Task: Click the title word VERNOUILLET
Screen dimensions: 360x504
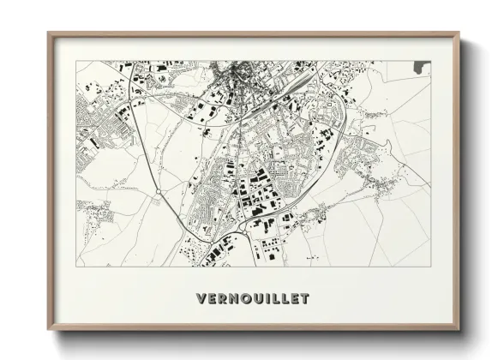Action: point(253,299)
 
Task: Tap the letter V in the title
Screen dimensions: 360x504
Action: point(201,299)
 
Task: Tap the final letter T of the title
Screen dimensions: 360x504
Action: point(304,299)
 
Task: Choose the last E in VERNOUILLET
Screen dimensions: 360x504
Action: point(293,299)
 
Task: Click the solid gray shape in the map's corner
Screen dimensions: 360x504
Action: point(421,66)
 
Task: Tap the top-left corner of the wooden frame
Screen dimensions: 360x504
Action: point(48,33)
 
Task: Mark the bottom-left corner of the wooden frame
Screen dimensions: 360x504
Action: point(48,330)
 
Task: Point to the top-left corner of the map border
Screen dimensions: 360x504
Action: point(76,61)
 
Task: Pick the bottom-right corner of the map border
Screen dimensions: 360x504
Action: point(430,267)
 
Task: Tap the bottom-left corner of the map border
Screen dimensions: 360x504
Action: point(76,267)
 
